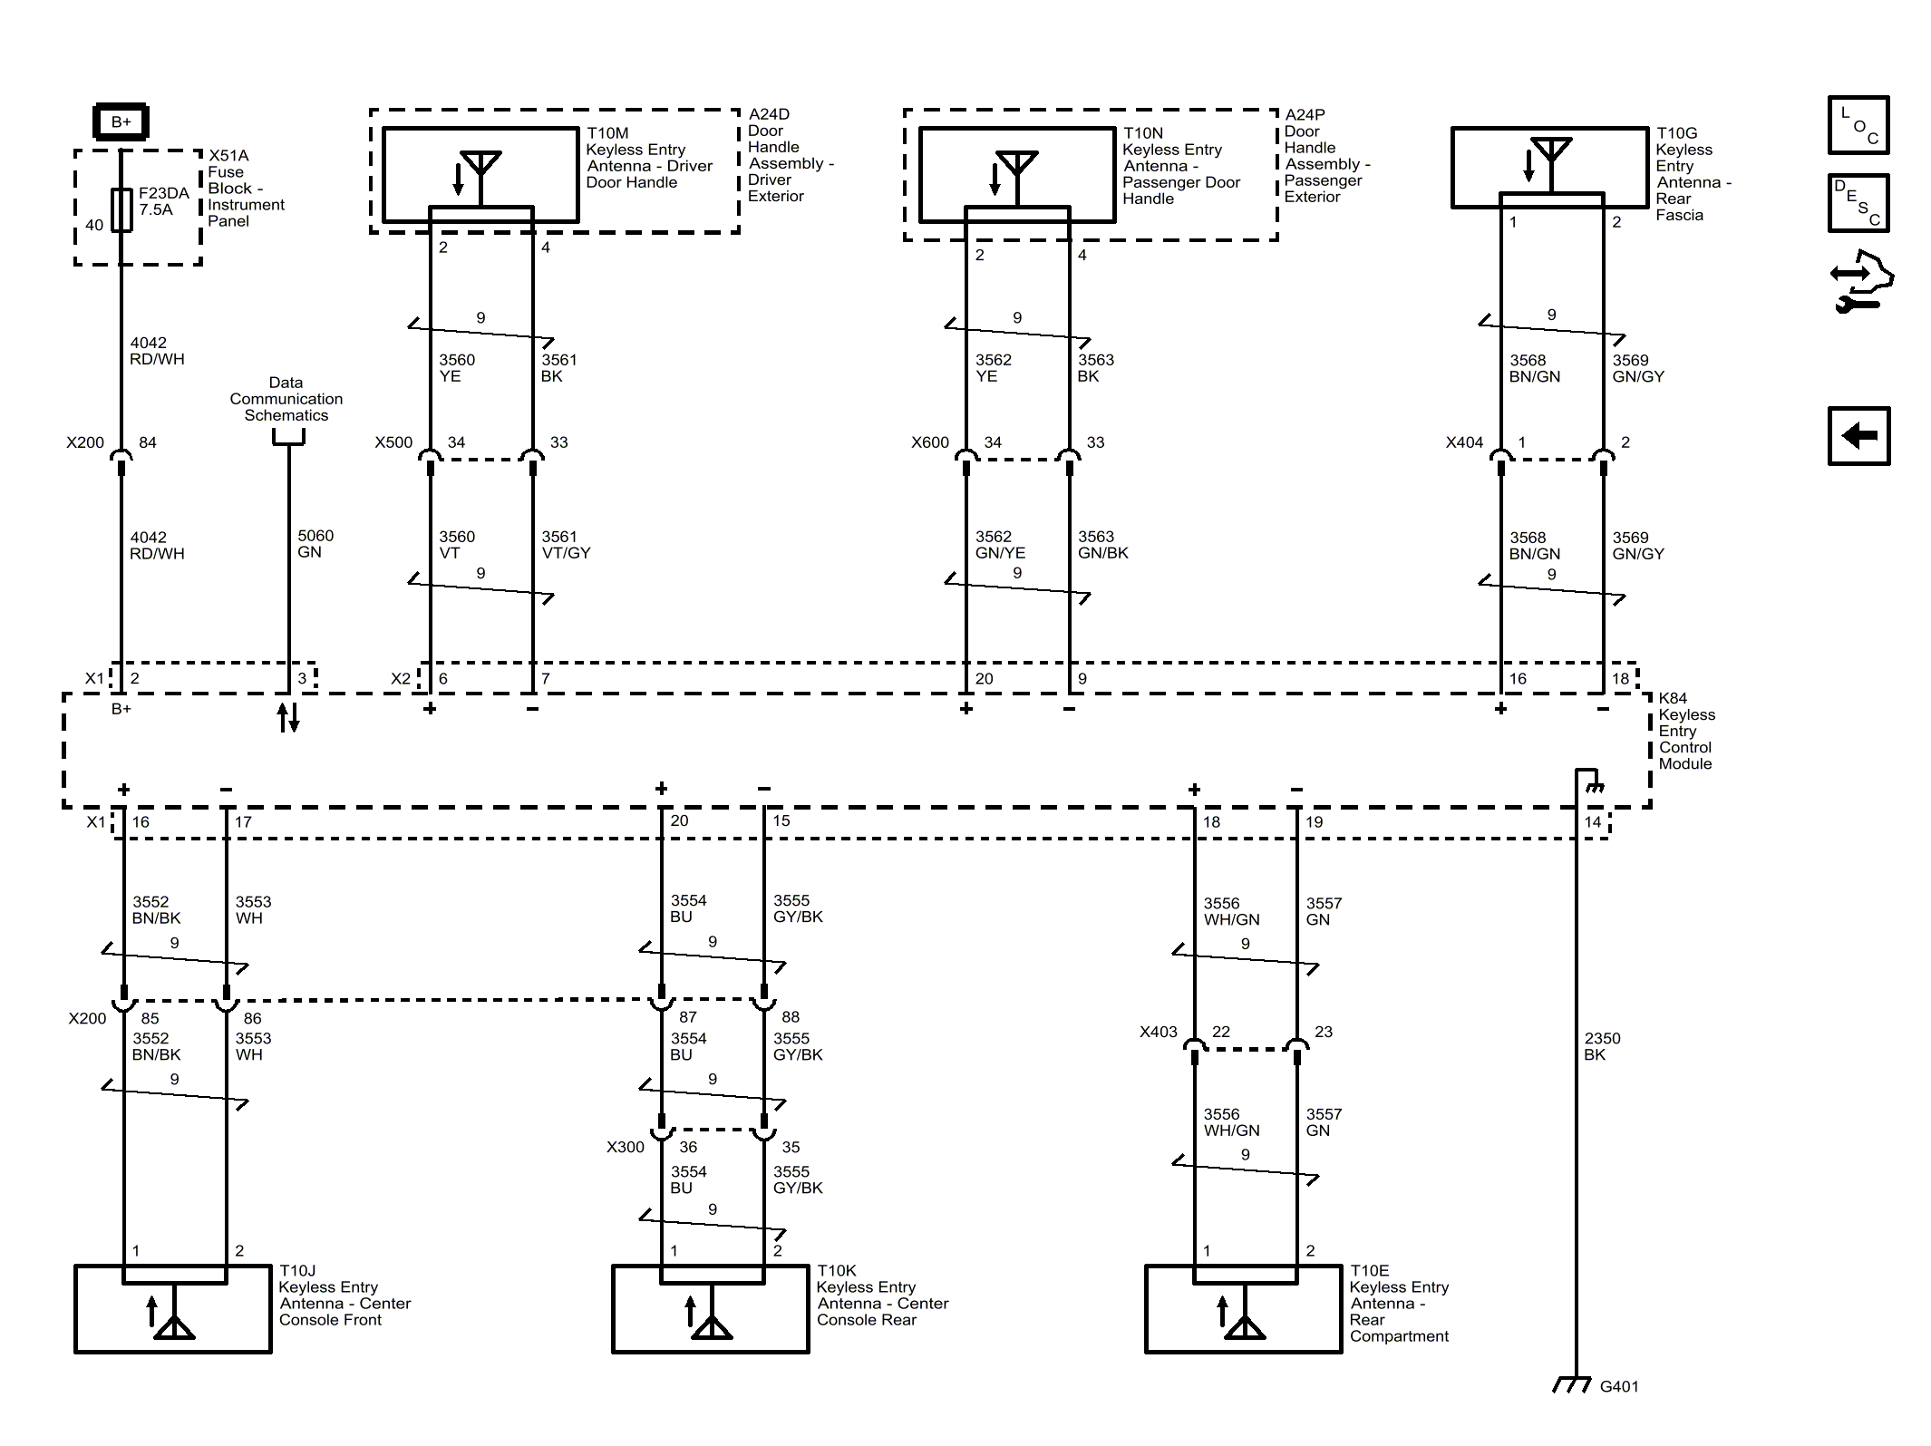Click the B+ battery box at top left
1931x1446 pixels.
click(x=121, y=121)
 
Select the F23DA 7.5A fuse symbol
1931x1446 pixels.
click(x=121, y=209)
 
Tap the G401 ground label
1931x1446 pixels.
click(x=1619, y=1386)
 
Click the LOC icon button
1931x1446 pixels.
click(x=1858, y=125)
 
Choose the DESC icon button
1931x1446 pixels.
click(x=1858, y=203)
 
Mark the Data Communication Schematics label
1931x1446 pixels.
click(x=286, y=399)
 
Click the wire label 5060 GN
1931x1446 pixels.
click(x=315, y=544)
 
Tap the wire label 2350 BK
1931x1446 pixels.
click(x=1602, y=1046)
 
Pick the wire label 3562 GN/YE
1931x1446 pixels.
click(x=1000, y=545)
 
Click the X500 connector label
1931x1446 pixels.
click(x=393, y=442)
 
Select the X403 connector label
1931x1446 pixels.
click(x=1159, y=1032)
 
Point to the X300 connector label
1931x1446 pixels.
click(x=626, y=1147)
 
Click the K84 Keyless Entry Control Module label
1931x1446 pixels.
click(x=1686, y=731)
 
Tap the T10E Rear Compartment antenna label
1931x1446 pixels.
click(x=1399, y=1304)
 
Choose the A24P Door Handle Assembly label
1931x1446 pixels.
click(x=1327, y=156)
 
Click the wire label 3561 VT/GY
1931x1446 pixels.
click(x=566, y=545)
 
